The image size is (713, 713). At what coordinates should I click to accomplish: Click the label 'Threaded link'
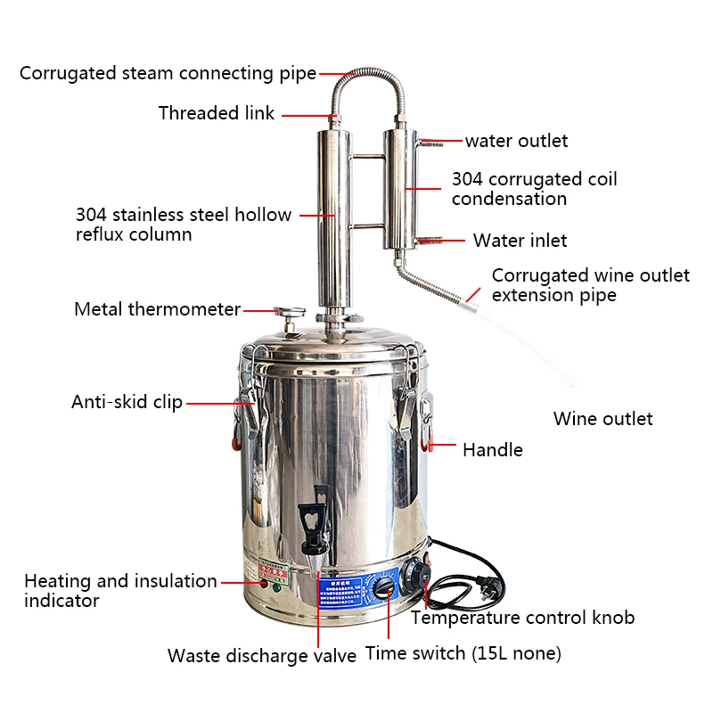pyautogui.click(x=217, y=113)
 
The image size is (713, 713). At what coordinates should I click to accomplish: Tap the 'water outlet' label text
pyautogui.click(x=516, y=141)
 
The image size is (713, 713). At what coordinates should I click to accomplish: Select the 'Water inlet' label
pyautogui.click(x=520, y=241)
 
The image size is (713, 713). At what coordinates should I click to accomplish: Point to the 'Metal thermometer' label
pyautogui.click(x=157, y=309)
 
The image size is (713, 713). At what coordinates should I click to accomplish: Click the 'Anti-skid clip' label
pyautogui.click(x=127, y=402)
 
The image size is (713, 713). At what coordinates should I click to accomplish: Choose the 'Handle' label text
pyautogui.click(x=492, y=450)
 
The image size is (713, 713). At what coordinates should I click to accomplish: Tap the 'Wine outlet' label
pyautogui.click(x=602, y=419)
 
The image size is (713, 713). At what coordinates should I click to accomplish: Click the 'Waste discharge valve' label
pyautogui.click(x=261, y=656)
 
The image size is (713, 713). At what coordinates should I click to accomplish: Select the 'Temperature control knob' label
pyautogui.click(x=522, y=618)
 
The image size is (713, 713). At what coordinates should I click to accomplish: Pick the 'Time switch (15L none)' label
pyautogui.click(x=463, y=653)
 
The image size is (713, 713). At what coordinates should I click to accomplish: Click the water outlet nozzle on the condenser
pyautogui.click(x=431, y=141)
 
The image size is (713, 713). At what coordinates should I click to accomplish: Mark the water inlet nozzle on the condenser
pyautogui.click(x=431, y=240)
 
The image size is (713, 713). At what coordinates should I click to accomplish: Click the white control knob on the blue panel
pyautogui.click(x=382, y=587)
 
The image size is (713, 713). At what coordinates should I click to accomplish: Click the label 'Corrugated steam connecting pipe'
pyautogui.click(x=168, y=73)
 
